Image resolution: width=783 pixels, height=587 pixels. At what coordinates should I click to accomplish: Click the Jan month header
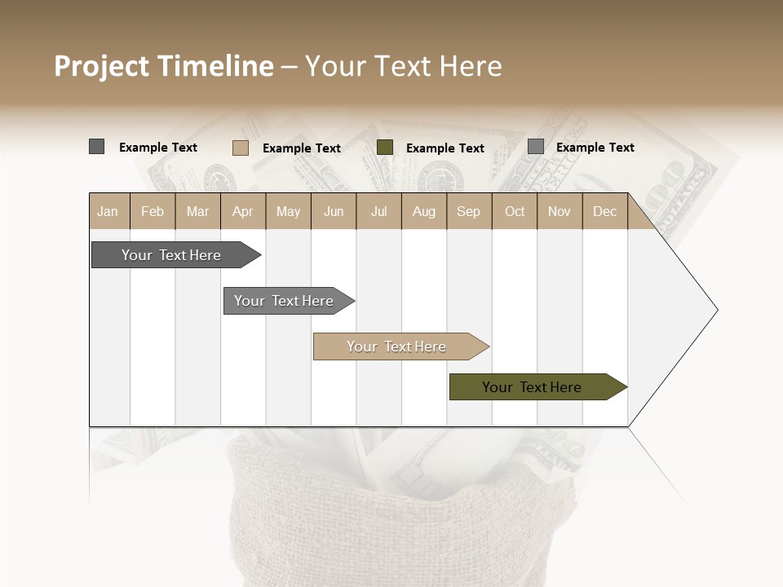click(108, 211)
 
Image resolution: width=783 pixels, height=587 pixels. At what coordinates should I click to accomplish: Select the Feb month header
click(153, 211)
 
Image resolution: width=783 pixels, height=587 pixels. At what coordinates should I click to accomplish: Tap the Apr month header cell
click(243, 211)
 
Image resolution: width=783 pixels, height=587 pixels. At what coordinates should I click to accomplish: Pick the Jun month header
click(334, 211)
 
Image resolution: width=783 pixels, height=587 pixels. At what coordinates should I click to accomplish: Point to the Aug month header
click(424, 211)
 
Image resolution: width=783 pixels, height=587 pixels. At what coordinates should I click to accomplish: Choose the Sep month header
click(469, 211)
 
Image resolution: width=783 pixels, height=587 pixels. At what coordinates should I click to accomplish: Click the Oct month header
click(515, 211)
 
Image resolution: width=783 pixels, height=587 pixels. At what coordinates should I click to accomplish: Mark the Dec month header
click(605, 211)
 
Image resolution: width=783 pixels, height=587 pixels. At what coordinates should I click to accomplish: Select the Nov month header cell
click(560, 211)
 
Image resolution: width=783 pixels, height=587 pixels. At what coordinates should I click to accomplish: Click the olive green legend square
click(385, 148)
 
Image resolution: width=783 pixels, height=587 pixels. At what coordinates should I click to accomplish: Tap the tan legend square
click(241, 148)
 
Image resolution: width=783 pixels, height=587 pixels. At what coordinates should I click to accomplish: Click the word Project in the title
click(103, 66)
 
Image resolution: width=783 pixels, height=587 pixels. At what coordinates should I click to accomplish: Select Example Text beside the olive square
click(445, 148)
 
